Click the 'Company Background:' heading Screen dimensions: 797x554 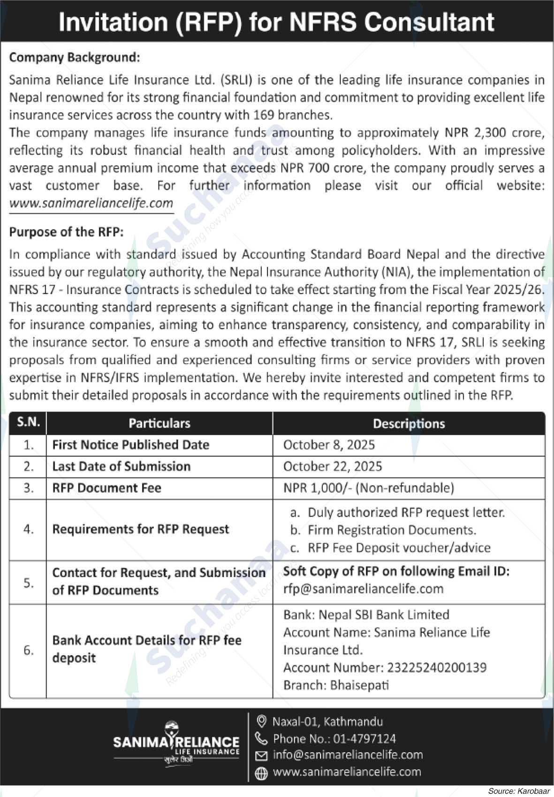pos(75,58)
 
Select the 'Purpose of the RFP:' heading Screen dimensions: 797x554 pos(66,232)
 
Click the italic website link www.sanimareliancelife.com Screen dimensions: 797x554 pos(91,204)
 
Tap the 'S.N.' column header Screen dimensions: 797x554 pos(28,422)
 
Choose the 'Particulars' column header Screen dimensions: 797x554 pos(159,424)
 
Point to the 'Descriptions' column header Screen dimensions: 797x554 pos(409,424)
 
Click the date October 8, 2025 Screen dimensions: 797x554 pos(329,445)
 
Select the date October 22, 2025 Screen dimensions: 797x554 pos(333,466)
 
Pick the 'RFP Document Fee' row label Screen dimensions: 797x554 pos(106,488)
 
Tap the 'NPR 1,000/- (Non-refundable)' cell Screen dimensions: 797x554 pos(369,488)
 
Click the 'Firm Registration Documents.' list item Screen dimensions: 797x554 pos(392,530)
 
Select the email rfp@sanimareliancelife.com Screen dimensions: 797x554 pos(363,589)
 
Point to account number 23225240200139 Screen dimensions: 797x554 pos(435,668)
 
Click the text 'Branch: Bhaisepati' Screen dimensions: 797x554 pos(336,685)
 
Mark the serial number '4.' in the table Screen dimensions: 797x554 pos(28,529)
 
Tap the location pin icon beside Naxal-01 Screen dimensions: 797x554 pos(262,721)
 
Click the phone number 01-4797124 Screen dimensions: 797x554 pos(364,739)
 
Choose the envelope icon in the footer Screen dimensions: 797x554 pos(261,755)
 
